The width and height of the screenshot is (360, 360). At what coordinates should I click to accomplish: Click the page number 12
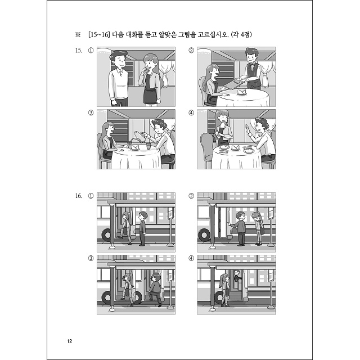(x=70, y=341)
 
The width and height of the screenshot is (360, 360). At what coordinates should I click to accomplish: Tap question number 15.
(x=79, y=50)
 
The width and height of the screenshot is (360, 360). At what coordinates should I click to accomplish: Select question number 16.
(x=79, y=196)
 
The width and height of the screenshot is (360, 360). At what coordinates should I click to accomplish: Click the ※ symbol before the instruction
(x=78, y=35)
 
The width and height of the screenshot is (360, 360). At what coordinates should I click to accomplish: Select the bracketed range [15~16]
(x=98, y=35)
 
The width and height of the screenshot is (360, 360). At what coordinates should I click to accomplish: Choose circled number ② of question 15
(x=191, y=50)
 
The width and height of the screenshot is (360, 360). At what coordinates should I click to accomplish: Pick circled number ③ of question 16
(x=91, y=258)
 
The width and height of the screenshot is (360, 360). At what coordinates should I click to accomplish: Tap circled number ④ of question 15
(x=191, y=112)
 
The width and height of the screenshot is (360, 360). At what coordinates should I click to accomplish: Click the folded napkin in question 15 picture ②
(x=241, y=92)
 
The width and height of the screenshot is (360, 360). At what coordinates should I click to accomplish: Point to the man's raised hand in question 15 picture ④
(x=247, y=128)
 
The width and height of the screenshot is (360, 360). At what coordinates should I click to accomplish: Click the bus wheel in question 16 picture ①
(x=107, y=235)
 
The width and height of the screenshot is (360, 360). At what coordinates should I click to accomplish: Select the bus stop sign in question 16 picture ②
(x=271, y=214)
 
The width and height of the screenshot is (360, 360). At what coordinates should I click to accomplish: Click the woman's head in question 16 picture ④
(x=225, y=277)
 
